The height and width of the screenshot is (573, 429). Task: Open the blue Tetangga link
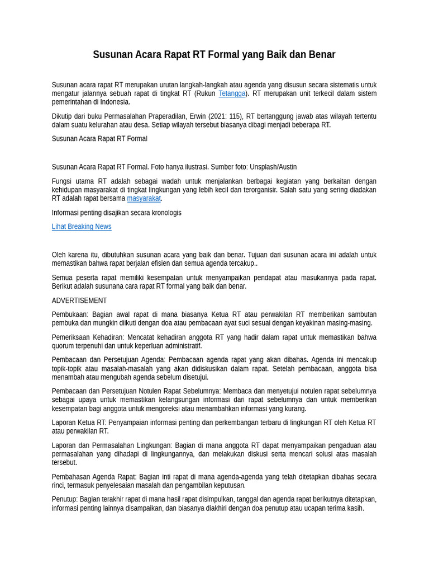point(232,93)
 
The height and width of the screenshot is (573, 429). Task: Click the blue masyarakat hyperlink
point(144,198)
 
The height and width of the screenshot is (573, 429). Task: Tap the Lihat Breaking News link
point(82,227)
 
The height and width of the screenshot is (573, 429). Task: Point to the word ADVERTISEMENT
point(79,300)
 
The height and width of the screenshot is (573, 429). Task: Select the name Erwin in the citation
point(198,116)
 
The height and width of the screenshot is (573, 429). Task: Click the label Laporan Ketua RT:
point(79,422)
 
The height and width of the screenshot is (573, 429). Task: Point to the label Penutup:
point(65,499)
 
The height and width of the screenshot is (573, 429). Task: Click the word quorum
point(63,346)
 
